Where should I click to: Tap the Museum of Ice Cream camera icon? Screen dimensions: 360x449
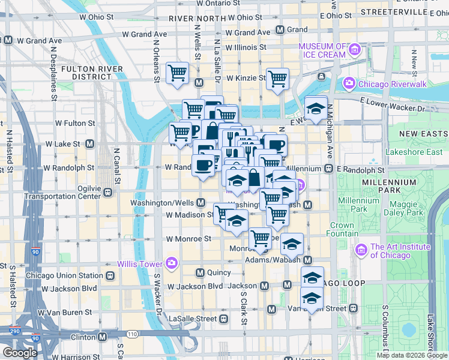point(355,49)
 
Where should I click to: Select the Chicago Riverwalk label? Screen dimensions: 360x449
point(393,84)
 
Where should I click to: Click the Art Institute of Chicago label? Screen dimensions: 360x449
point(400,251)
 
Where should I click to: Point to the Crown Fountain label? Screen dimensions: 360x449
point(342,230)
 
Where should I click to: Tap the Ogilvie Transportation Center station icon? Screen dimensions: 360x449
point(108,192)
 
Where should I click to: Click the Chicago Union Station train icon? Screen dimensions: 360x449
point(110,276)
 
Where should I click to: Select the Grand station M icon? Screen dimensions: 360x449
point(280,29)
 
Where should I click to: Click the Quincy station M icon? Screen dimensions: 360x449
point(200,272)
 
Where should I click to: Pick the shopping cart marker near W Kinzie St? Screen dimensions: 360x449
point(277,79)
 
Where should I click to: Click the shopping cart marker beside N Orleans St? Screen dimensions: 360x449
point(177,73)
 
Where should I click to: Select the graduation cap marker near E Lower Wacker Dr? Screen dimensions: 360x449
point(316,108)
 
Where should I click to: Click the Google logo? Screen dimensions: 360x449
point(20,353)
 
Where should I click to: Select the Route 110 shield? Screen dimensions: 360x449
point(132,334)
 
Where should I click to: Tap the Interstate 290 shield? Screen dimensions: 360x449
point(14,331)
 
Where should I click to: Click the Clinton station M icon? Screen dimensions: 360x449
point(102,337)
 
